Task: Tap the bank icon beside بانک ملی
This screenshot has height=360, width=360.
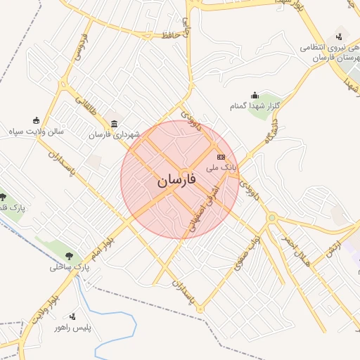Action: point(221,156)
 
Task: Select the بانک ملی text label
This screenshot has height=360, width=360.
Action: point(219,168)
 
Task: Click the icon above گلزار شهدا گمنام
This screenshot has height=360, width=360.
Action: point(255,95)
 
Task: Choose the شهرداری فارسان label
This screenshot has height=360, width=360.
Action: point(114,134)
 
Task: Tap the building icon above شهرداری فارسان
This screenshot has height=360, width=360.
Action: point(114,124)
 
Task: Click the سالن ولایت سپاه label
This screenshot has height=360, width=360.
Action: point(36,131)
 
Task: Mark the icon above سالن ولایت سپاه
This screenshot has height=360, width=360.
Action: point(36,120)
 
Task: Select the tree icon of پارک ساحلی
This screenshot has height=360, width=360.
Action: point(69,256)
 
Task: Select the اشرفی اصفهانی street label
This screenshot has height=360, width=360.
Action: point(205,210)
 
